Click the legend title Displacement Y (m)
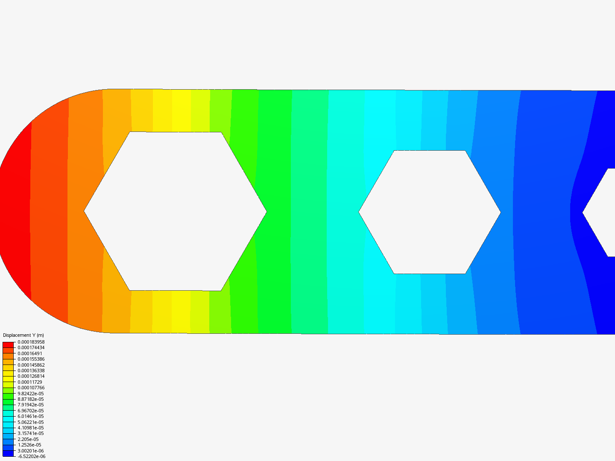pyautogui.click(x=23, y=335)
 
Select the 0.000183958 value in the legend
pyautogui.click(x=31, y=342)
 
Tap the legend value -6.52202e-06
pyautogui.click(x=31, y=456)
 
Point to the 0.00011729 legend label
pyautogui.click(x=30, y=382)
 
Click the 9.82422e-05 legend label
pyautogui.click(x=31, y=394)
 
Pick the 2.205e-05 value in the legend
pyautogui.click(x=28, y=439)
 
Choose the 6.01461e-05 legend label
pyautogui.click(x=31, y=416)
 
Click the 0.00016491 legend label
pyautogui.click(x=30, y=353)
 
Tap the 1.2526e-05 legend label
pyautogui.click(x=29, y=445)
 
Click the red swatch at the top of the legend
pyautogui.click(x=8, y=344)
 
